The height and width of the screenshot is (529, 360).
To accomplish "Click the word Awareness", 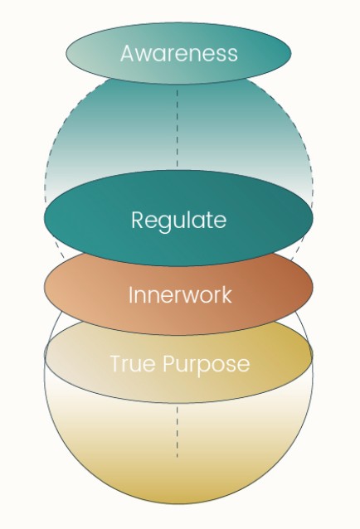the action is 179,53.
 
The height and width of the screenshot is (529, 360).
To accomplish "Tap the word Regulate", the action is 179,221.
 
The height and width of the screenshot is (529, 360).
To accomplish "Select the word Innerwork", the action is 180,294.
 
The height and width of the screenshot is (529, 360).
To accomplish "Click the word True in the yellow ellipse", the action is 134,363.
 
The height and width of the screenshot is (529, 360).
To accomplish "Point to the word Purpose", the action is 207,365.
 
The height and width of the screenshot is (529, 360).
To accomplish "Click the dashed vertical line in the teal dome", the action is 178,128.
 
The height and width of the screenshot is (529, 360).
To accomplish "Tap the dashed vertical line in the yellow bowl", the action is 178,432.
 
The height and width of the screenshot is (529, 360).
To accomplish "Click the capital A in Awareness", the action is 129,53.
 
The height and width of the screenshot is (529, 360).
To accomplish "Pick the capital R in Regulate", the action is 138,219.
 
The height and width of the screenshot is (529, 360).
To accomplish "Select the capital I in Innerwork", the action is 130,295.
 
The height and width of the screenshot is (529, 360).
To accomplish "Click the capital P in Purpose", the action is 169,363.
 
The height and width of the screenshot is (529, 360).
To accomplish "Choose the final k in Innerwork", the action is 226,294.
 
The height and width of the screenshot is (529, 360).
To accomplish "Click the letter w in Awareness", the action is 146,56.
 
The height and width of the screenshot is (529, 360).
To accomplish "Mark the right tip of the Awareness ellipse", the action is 291,53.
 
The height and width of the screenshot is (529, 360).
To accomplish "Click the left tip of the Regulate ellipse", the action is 44,218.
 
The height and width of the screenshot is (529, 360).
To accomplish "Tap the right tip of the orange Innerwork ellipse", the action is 313,287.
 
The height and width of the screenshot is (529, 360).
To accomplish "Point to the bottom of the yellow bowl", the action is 178,504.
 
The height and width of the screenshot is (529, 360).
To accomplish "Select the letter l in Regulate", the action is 192,219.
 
